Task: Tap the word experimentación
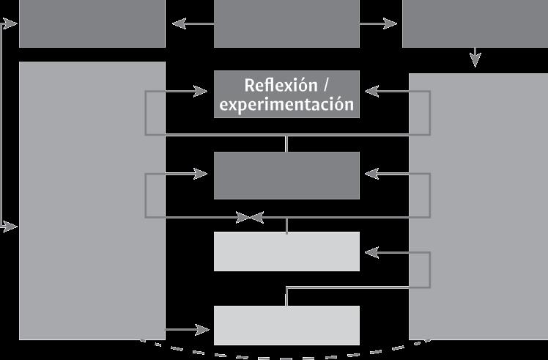pos(286,105)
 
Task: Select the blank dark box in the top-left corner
pos(92,23)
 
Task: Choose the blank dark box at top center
pos(286,23)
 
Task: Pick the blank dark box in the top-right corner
pos(475,23)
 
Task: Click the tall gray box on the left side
pos(92,200)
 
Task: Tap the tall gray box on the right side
pos(478,205)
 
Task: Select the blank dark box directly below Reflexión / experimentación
pos(286,175)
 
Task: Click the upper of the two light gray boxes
pos(286,251)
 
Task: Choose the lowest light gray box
pos(286,325)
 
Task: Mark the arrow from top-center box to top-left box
pos(192,24)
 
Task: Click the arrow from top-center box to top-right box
pos(379,24)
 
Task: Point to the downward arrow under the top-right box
pos(475,58)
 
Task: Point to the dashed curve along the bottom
pos(286,355)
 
